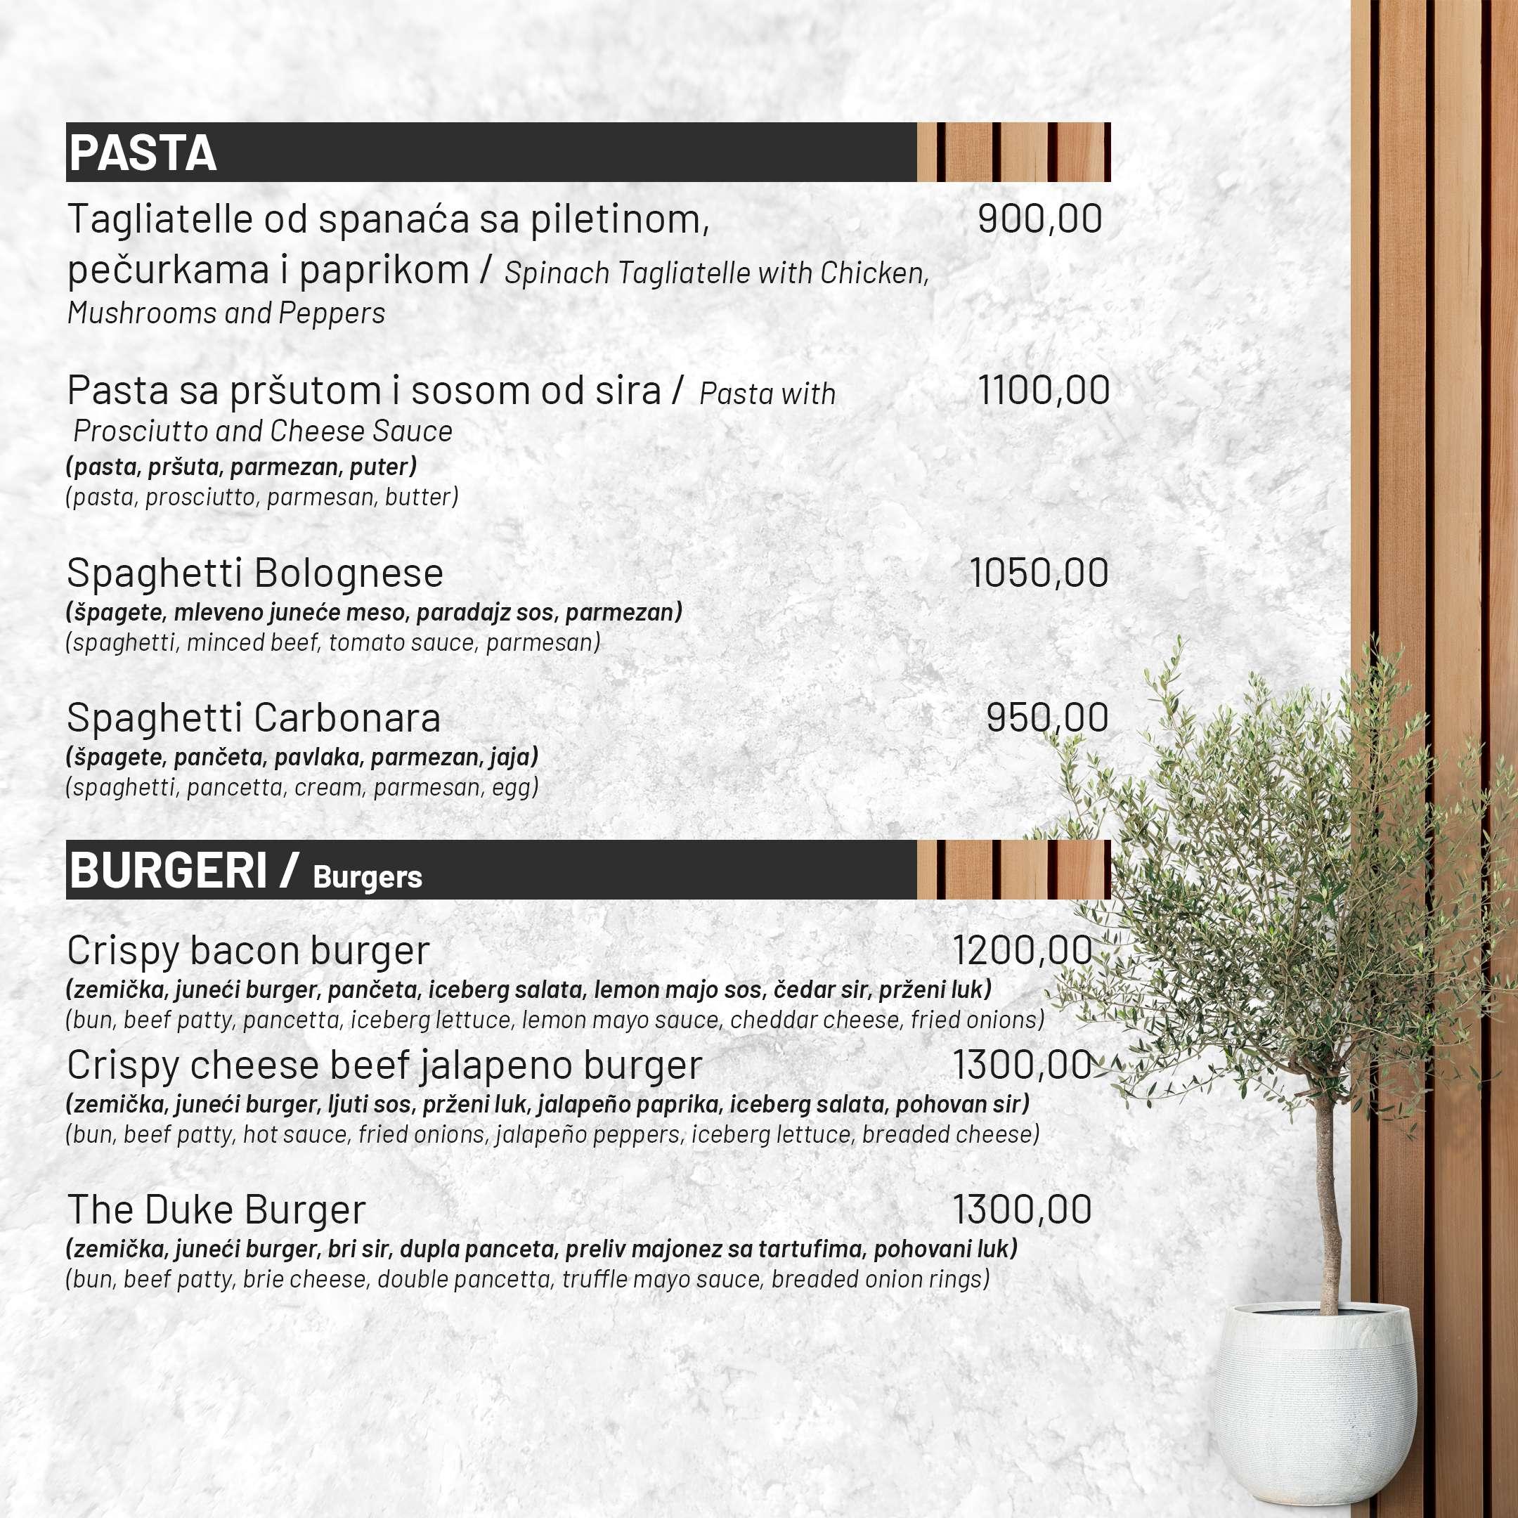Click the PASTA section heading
tap(142, 153)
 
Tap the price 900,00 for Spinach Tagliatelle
tap(1039, 219)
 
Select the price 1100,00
tap(1044, 390)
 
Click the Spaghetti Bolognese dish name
tap(255, 573)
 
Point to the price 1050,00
tap(1039, 573)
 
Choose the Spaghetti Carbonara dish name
tap(254, 718)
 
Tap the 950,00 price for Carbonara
tap(1047, 718)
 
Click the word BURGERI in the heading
tap(169, 870)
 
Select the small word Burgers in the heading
tap(367, 876)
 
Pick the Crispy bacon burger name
tap(248, 951)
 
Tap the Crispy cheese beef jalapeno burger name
tap(384, 1065)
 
